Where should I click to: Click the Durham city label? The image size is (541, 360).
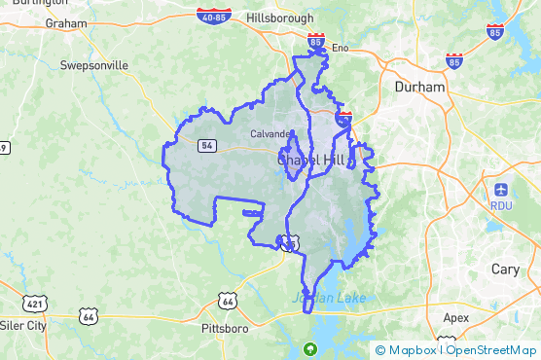coord(419,87)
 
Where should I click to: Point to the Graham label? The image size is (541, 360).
coord(66,23)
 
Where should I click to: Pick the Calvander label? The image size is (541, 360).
coord(270,133)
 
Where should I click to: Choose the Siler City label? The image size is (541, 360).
coord(22,325)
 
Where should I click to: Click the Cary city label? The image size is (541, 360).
coord(505,269)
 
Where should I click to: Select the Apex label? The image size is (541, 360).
coord(455,317)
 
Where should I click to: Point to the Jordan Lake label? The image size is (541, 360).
coord(329,297)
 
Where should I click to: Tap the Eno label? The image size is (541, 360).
coord(340,47)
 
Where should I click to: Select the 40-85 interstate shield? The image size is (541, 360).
coord(212,16)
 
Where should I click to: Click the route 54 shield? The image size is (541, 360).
coord(206,145)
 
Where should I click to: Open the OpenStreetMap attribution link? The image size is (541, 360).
coord(491,350)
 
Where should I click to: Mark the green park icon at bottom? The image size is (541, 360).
coord(310,348)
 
